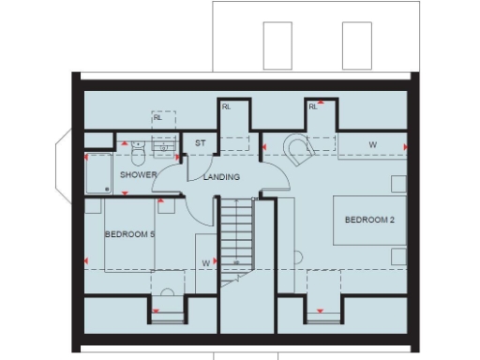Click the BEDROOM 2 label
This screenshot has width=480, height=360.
coord(367,220)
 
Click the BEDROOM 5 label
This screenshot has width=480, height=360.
coord(129,234)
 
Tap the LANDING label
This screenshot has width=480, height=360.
coord(221,176)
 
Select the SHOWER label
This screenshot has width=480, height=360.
coord(138,174)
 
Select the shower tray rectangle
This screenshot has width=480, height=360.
coord(98,172)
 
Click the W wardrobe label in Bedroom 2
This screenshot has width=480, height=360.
coord(372,144)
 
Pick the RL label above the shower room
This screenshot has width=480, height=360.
coord(158,117)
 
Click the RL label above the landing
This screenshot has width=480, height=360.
coord(226,107)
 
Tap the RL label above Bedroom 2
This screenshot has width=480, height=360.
coord(313,107)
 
